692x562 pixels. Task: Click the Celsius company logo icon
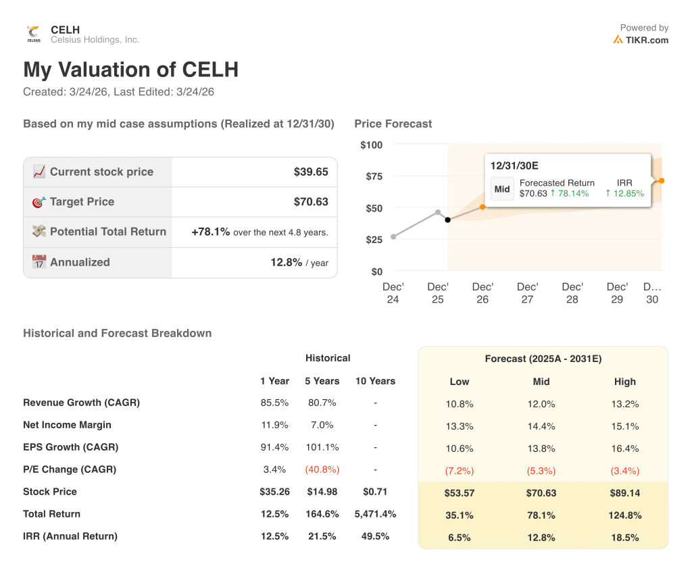[34, 34]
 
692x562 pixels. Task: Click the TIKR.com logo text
[646, 40]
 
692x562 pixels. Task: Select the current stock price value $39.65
[311, 172]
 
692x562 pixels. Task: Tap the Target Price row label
[82, 202]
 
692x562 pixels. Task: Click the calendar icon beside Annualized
[39, 262]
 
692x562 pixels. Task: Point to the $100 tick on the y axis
[371, 145]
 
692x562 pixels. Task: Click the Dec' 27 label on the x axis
[527, 293]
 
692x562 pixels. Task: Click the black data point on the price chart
[447, 220]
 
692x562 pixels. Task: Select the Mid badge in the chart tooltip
[502, 189]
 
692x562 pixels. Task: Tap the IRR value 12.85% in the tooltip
[624, 193]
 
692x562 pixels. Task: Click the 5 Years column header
[322, 381]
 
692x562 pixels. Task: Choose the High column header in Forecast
[625, 382]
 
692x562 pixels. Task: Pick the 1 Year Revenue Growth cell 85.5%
[274, 403]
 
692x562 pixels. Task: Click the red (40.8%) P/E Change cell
[322, 469]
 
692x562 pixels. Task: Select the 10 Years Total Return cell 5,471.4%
[375, 514]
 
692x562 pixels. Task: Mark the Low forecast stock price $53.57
[460, 493]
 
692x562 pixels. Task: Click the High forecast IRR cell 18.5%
[625, 537]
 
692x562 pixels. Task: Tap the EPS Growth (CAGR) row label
[70, 447]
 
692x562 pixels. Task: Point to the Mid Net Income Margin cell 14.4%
[541, 426]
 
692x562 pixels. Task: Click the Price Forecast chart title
[393, 124]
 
